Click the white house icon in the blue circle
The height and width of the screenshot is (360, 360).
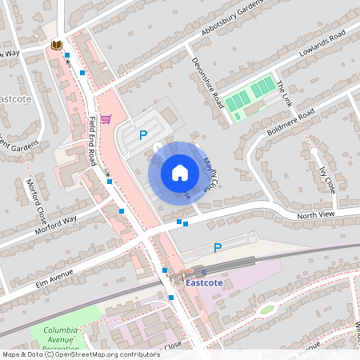pyautogui.click(x=180, y=172)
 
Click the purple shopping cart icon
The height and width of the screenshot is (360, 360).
pyautogui.click(x=106, y=118)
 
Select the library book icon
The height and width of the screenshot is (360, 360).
pyautogui.click(x=56, y=46)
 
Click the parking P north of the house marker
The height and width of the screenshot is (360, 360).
pyautogui.click(x=143, y=135)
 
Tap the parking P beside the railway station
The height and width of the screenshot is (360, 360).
pyautogui.click(x=217, y=248)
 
